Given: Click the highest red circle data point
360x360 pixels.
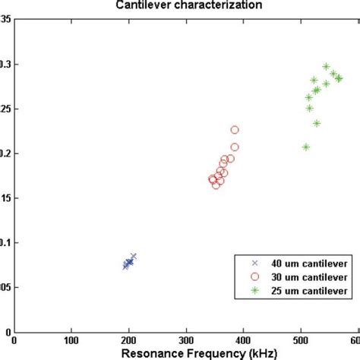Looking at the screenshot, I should pos(235,130).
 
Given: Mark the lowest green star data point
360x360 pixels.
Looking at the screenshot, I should pos(306,147).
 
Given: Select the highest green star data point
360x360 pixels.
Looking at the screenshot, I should pos(326,67).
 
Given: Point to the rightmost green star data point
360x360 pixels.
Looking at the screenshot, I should pos(339,78).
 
